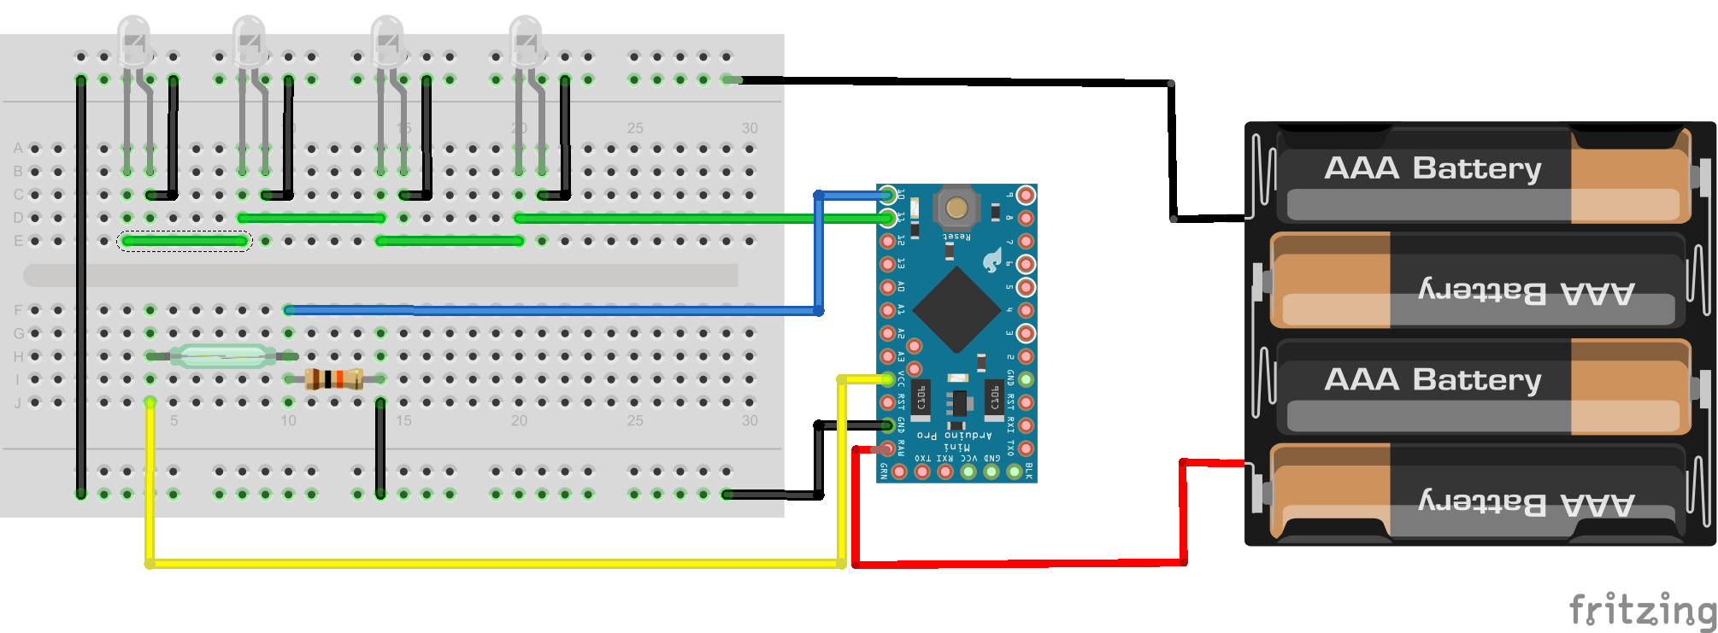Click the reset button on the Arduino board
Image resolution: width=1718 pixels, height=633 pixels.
tap(956, 207)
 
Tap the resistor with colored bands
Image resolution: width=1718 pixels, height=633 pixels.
tap(333, 378)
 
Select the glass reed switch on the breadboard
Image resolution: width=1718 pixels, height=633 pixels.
tap(222, 355)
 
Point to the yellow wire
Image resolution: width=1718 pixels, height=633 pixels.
tap(496, 563)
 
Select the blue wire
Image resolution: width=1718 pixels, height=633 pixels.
tap(556, 310)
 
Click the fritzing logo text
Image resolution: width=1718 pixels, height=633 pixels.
tap(1642, 609)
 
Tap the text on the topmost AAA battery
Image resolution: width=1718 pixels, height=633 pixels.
tap(1433, 168)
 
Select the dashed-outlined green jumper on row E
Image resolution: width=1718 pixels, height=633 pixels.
tap(185, 241)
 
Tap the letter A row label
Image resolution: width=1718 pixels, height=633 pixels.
tap(18, 149)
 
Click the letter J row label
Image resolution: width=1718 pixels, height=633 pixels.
tap(18, 402)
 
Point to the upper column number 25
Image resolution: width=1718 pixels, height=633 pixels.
tap(635, 128)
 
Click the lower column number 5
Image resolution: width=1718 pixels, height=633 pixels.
tap(174, 420)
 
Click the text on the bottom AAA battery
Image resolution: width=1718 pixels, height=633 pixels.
tap(1527, 503)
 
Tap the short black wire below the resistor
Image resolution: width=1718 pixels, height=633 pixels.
tap(380, 448)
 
